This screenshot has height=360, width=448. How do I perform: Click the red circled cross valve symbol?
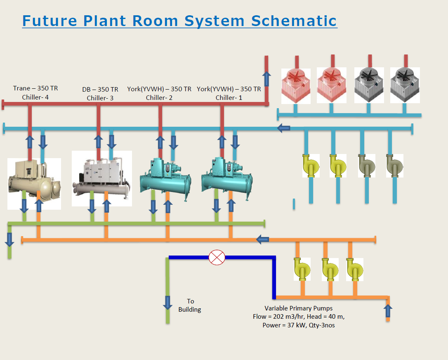(217, 257)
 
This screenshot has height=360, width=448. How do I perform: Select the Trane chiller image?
(34, 182)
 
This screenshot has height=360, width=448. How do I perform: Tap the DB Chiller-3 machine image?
(101, 178)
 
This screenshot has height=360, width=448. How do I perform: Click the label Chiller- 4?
(35, 98)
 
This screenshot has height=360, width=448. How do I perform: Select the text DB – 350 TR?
(100, 89)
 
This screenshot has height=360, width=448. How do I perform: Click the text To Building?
(190, 306)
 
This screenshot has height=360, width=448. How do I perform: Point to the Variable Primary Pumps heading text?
(298, 308)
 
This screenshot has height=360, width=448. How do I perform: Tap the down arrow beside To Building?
(167, 302)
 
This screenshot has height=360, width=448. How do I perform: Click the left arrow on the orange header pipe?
(263, 239)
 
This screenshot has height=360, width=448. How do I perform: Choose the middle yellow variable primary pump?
(330, 269)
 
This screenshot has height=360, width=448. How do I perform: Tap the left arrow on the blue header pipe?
(284, 128)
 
